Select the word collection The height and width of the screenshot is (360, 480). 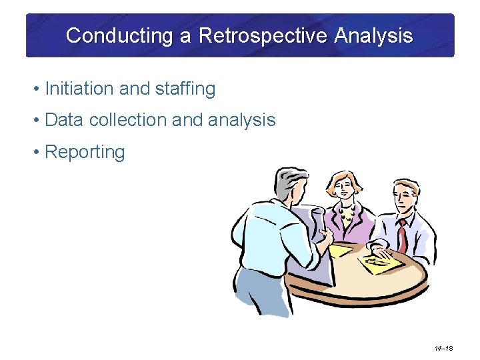click(x=127, y=120)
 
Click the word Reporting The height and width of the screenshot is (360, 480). click(x=85, y=152)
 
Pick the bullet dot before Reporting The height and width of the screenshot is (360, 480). click(x=37, y=152)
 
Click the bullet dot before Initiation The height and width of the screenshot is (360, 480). click(x=37, y=89)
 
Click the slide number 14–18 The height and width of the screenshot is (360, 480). click(x=443, y=348)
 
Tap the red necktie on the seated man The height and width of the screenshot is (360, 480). click(x=403, y=237)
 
